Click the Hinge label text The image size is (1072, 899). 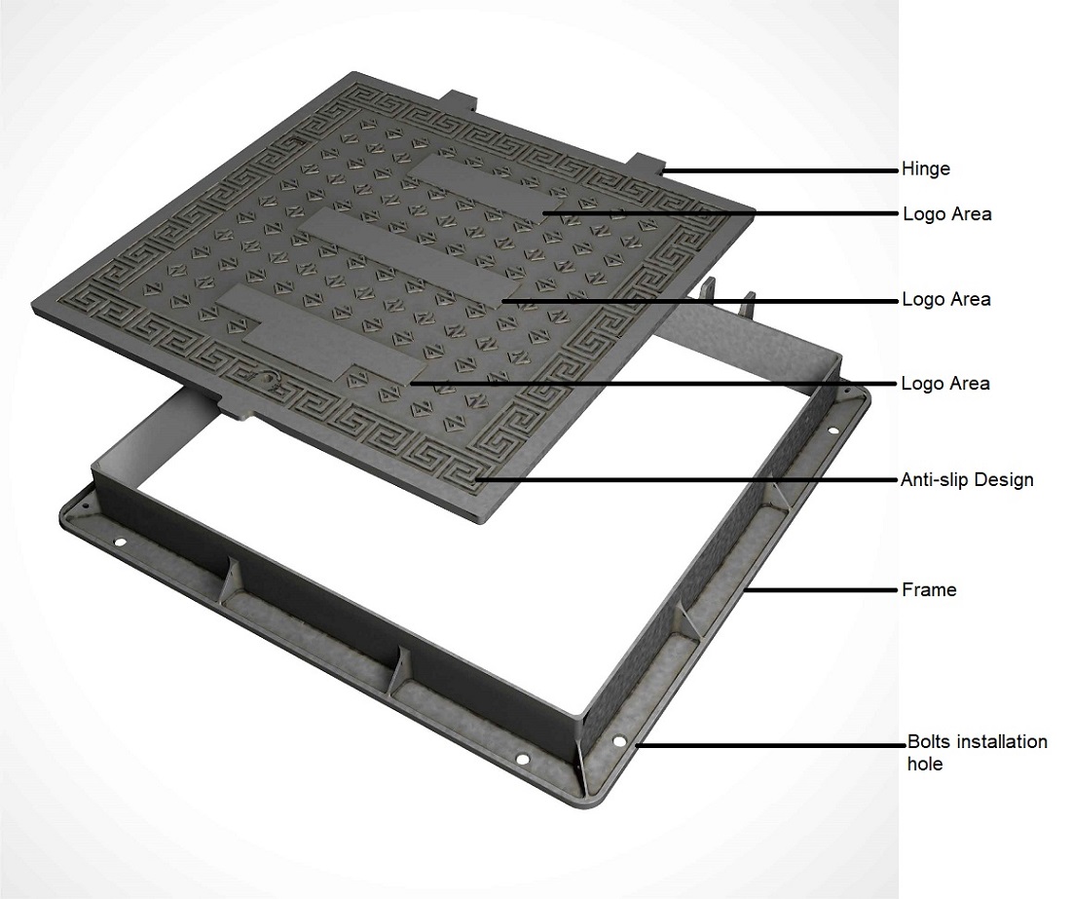coord(926,169)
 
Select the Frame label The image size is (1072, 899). coord(929,589)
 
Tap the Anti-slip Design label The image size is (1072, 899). coord(967,479)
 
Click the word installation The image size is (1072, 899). coord(1003,741)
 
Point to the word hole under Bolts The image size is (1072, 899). coord(925,764)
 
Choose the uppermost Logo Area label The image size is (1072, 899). coord(947,214)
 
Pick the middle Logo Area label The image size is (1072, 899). coord(946,299)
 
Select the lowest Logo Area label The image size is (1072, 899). coord(945,383)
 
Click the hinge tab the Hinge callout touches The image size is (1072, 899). coord(647,164)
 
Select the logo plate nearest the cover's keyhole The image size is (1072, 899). coord(332,336)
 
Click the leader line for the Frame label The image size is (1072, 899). coord(822,589)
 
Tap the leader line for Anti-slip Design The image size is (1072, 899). coord(686,479)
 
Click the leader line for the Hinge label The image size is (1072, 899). coord(780,170)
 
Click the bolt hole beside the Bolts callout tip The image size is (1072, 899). coord(618,741)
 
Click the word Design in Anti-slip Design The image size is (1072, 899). coord(1004,480)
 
